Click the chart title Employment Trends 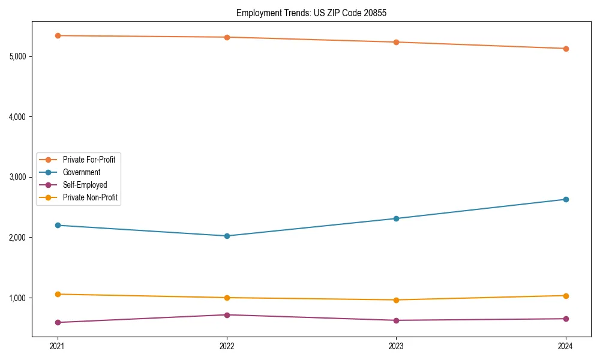[x=311, y=13]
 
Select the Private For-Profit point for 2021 [x=58, y=35]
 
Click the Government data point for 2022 [x=227, y=236]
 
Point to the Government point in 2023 [x=396, y=218]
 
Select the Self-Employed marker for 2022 [x=227, y=315]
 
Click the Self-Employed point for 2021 [x=58, y=322]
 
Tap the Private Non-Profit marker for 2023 [x=396, y=300]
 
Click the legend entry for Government [x=82, y=172]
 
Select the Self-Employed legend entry [x=85, y=185]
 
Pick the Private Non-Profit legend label [x=90, y=197]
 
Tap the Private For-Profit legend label [x=89, y=160]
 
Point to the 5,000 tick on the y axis [x=17, y=56]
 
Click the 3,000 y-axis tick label [x=17, y=177]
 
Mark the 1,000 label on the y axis [x=17, y=298]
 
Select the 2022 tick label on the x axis [x=227, y=346]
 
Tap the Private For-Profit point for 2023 [x=396, y=42]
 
